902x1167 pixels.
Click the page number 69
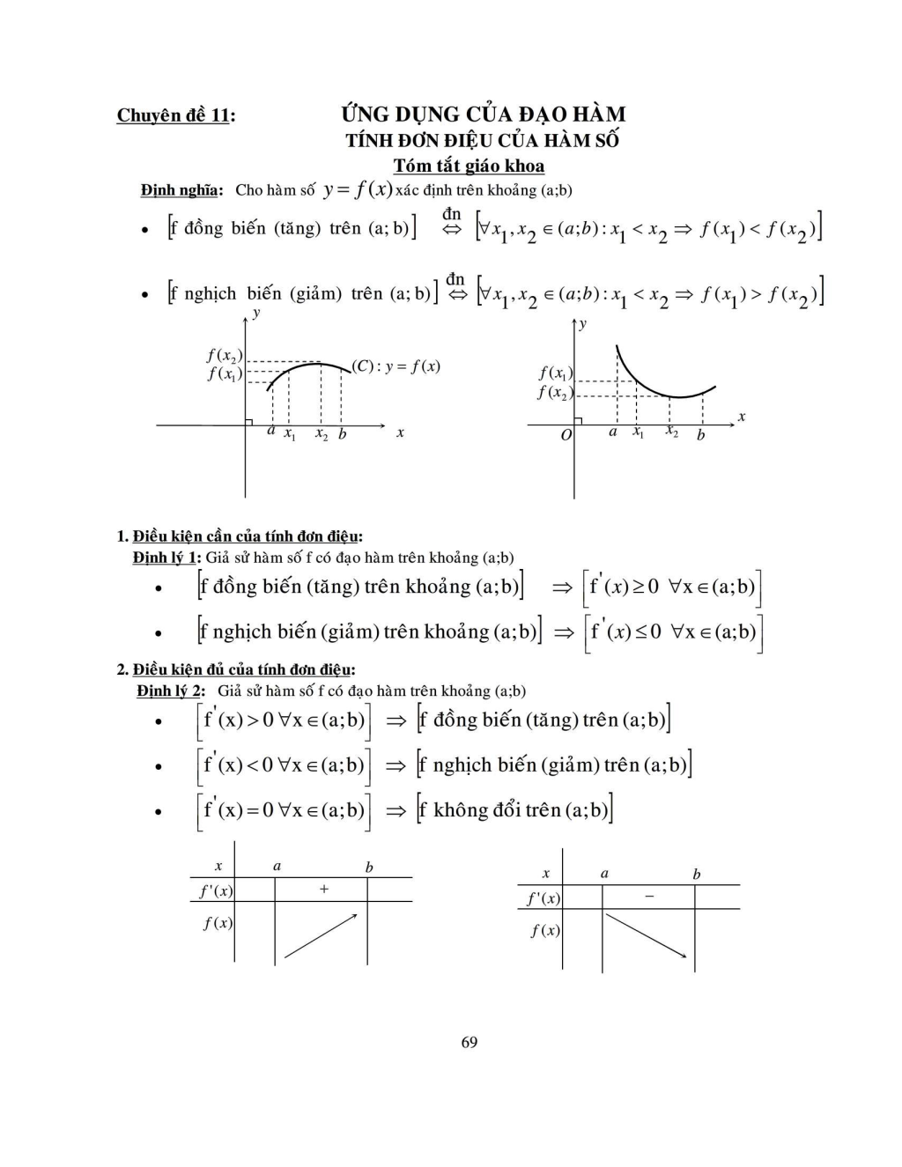pos(469,1042)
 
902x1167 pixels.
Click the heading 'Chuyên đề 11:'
pos(176,115)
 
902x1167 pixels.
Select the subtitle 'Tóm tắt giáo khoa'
pos(469,166)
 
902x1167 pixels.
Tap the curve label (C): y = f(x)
pos(396,366)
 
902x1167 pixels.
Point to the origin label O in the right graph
pos(566,435)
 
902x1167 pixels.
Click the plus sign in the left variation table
pos(323,890)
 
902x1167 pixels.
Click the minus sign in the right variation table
pos(649,897)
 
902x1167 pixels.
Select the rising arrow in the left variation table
pos(321,935)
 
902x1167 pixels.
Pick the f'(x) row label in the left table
pos(216,890)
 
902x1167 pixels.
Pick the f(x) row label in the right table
pos(545,930)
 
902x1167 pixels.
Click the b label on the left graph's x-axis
pos(343,434)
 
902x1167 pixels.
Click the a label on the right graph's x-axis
pos(613,432)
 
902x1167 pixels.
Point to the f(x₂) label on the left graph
pos(225,355)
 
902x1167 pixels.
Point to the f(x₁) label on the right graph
pos(556,373)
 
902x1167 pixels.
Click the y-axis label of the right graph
pos(583,324)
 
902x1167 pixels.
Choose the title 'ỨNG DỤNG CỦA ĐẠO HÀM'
pos(484,114)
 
